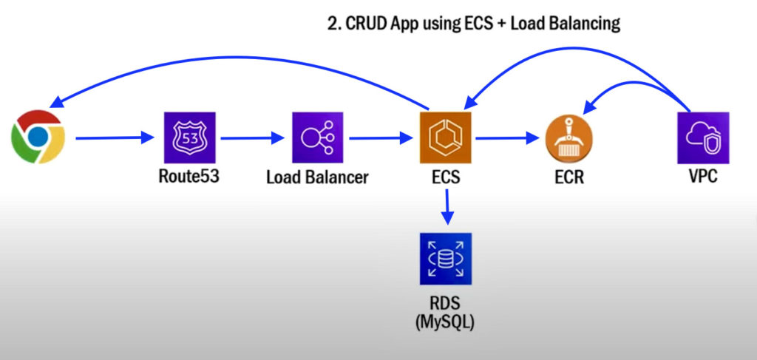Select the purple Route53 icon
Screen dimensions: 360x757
pyautogui.click(x=189, y=138)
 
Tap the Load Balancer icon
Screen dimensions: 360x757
pyautogui.click(x=318, y=138)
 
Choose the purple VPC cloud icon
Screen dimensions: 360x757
pyautogui.click(x=703, y=138)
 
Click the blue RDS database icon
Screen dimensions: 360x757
pyautogui.click(x=446, y=259)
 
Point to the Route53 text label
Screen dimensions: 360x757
pyautogui.click(x=189, y=177)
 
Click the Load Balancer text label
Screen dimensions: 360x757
pyautogui.click(x=318, y=178)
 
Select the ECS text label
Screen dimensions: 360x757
pyautogui.click(x=446, y=178)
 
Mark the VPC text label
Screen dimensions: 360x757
pyautogui.click(x=703, y=178)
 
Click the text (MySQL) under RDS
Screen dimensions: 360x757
pyautogui.click(x=446, y=322)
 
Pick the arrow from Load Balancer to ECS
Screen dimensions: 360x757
pyautogui.click(x=380, y=137)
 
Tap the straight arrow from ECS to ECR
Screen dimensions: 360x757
pyautogui.click(x=507, y=137)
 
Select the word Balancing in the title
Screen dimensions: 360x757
pyautogui.click(x=584, y=24)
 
